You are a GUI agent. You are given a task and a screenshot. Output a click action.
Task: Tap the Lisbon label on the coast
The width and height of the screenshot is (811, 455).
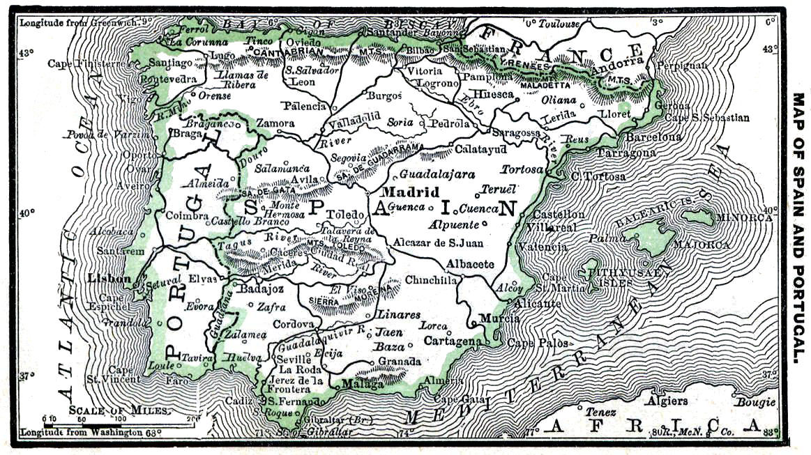[x=109, y=279]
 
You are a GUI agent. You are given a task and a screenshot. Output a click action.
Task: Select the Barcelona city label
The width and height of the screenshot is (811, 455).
[x=653, y=137]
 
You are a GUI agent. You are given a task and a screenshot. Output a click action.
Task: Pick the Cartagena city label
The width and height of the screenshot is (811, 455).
[x=453, y=341]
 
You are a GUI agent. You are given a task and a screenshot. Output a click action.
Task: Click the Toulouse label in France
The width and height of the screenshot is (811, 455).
[x=556, y=23]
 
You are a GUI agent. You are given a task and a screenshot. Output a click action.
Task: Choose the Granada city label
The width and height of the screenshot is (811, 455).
[x=400, y=362]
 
